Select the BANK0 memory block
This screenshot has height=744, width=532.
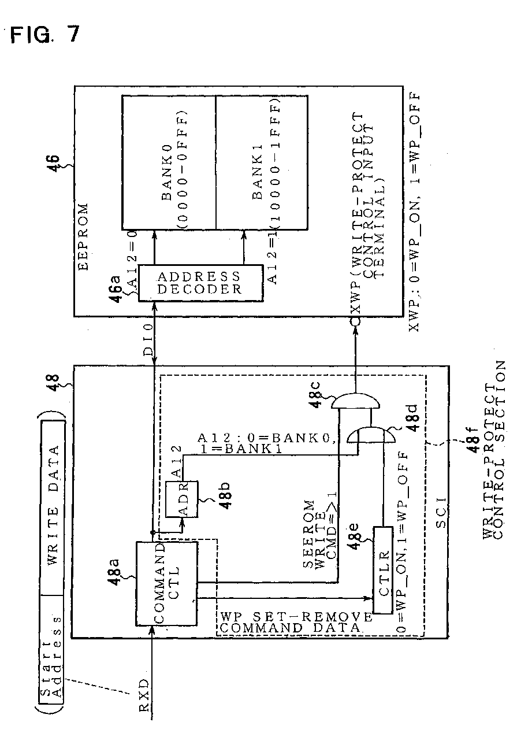168,162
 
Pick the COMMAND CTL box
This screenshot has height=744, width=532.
166,583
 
